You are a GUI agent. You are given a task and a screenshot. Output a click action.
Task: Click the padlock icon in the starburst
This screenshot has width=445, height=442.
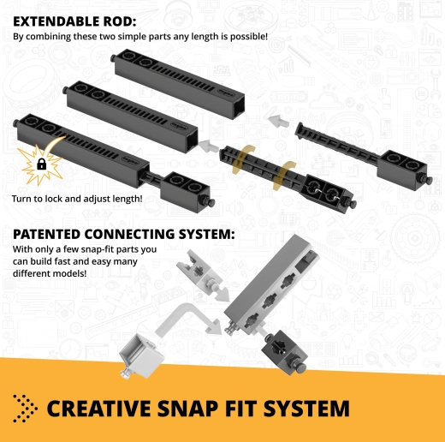tap(42, 164)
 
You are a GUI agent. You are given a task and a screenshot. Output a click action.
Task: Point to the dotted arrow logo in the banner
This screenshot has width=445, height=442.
tap(25, 409)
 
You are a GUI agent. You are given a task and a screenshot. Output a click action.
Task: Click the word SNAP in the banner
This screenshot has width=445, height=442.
tap(188, 409)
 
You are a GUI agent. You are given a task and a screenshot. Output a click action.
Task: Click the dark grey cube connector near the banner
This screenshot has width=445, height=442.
tap(285, 352)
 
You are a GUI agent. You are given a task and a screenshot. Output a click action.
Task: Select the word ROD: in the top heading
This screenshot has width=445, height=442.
tap(122, 21)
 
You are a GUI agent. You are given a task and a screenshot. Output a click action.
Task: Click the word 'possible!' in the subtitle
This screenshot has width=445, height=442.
tap(249, 37)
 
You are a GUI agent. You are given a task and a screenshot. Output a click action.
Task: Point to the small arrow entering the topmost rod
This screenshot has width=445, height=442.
tap(278, 121)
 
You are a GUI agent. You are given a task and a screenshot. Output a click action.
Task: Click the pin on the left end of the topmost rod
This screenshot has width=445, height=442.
tap(113, 58)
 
